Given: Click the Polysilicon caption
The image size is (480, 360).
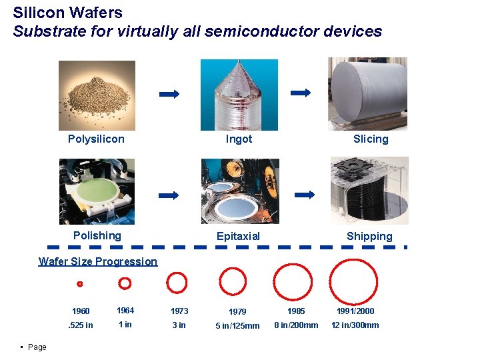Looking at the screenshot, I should [x=96, y=139].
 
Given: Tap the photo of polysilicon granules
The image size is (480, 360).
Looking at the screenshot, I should [x=97, y=95].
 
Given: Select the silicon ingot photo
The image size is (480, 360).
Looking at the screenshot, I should [x=239, y=95].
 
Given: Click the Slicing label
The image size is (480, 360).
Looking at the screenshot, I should [x=371, y=139].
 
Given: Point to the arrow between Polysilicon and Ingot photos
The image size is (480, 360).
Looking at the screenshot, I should [x=169, y=95].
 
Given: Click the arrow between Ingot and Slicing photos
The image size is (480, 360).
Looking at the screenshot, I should [x=301, y=93].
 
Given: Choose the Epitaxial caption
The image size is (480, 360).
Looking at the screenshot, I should [x=238, y=236].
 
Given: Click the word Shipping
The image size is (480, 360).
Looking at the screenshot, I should [x=369, y=236].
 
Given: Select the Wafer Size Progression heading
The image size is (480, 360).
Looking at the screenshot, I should [x=98, y=261].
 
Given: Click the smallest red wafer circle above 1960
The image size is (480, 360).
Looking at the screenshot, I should [x=79, y=284].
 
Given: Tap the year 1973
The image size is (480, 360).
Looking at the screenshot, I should [x=179, y=311].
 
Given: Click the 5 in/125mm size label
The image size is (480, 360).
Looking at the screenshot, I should [x=237, y=326].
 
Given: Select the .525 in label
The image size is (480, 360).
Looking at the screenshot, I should [x=81, y=325].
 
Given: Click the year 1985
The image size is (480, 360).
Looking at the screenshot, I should [x=296, y=311].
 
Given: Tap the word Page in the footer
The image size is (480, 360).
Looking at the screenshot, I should [x=37, y=347].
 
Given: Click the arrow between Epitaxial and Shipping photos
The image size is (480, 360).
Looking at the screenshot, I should [x=304, y=195].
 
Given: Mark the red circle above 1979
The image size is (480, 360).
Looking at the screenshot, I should [x=233, y=281].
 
